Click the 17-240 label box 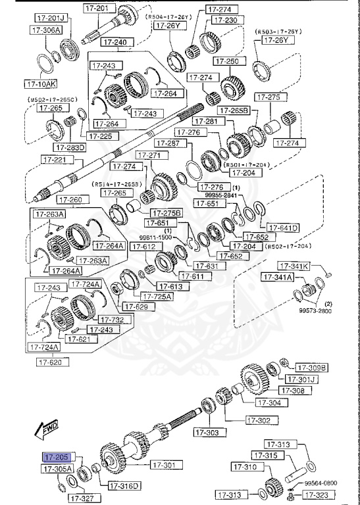[x=116, y=42]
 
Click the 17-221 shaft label [x=55, y=159]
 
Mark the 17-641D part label [x=284, y=228]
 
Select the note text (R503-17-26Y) [x=278, y=31]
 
